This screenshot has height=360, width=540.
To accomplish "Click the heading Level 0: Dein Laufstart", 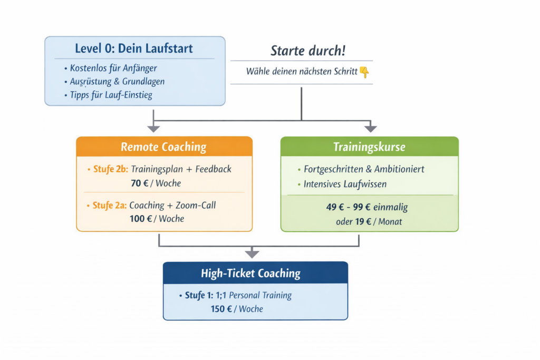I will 133,49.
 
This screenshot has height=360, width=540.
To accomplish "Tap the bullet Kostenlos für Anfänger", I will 113,68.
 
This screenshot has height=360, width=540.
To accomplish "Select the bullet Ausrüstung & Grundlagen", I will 117,82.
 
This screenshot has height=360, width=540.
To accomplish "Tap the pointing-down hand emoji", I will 364,72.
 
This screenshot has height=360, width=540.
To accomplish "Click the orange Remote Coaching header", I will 163,147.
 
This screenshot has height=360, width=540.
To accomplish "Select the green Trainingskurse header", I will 369,147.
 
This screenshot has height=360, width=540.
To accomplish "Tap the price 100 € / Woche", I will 157,218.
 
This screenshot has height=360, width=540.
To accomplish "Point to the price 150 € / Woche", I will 237,308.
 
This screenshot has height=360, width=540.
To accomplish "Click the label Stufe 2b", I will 110,169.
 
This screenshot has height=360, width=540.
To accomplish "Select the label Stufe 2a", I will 110,206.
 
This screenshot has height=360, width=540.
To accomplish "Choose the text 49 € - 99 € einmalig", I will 367,207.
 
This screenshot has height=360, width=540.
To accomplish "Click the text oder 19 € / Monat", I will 369,221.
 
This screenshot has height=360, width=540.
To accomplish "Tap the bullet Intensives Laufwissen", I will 345,184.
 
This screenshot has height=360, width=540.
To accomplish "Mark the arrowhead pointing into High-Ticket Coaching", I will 252,254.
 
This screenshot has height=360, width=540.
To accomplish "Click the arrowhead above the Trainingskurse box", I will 371,128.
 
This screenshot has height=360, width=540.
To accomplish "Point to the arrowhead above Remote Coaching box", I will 153,128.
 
